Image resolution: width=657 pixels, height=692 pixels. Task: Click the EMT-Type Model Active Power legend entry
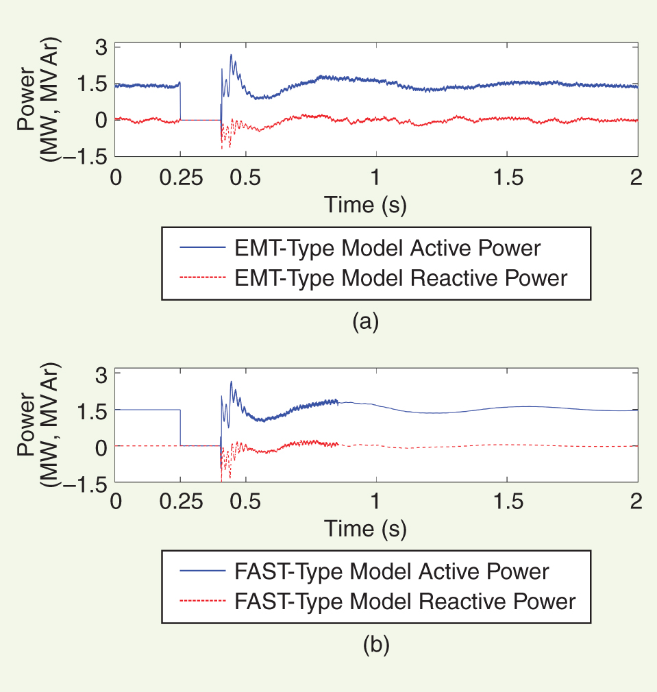(x=388, y=247)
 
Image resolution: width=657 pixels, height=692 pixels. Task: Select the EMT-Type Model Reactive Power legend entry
(x=401, y=278)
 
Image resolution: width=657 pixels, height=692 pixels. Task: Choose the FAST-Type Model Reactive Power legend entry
(x=405, y=602)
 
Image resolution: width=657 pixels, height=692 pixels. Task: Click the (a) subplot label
(x=365, y=321)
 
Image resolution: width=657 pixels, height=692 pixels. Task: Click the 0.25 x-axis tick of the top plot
(x=181, y=177)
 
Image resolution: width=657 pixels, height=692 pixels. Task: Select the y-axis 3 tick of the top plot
(x=101, y=49)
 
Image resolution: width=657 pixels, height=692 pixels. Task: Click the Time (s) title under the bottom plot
(x=365, y=530)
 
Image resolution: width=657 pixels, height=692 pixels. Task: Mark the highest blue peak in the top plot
(x=231, y=55)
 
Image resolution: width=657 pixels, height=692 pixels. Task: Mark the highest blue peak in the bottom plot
(x=232, y=382)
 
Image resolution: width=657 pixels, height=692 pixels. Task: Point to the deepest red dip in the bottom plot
(x=230, y=478)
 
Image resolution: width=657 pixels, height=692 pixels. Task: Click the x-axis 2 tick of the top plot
(x=636, y=177)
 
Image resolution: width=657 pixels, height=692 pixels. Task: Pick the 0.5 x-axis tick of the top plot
(x=245, y=177)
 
